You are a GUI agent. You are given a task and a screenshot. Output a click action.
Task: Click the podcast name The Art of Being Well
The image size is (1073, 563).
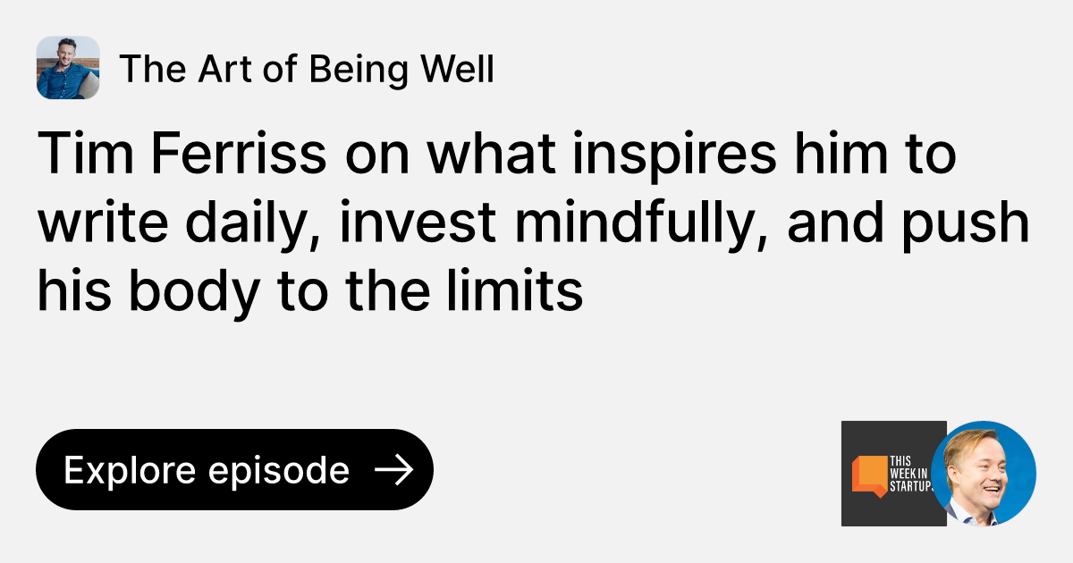tap(306, 69)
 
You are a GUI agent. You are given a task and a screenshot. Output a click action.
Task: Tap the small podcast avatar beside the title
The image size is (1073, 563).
tap(68, 68)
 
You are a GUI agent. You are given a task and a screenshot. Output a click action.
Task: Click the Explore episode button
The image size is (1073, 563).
tap(234, 470)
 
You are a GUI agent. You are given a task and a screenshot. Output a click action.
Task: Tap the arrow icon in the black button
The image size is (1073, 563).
tap(393, 470)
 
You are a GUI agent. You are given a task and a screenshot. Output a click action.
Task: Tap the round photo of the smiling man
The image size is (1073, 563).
tap(984, 474)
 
